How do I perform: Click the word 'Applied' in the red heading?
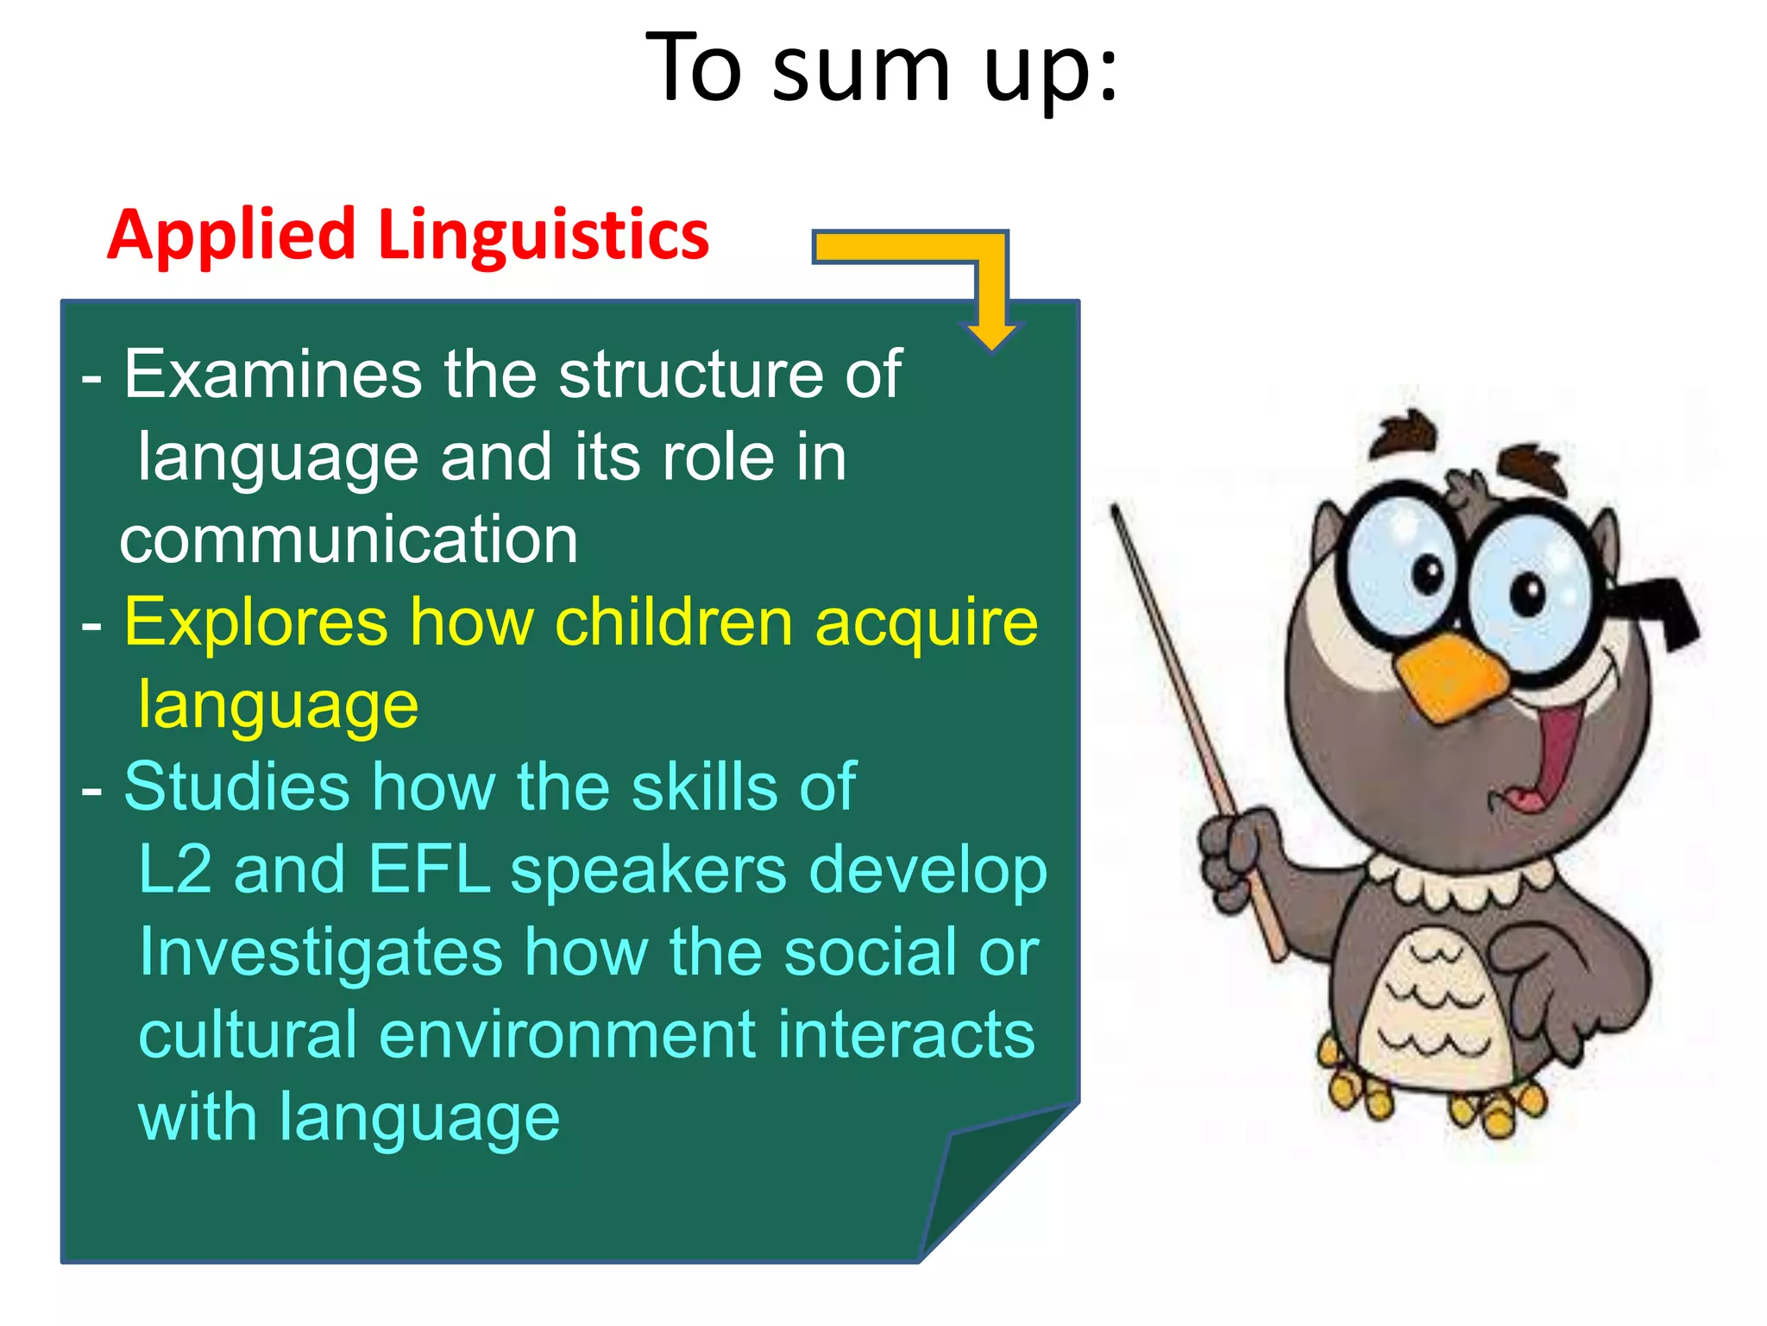231,235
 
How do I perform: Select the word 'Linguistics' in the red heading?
544,235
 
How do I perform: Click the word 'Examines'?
273,375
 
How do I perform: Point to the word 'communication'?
349,540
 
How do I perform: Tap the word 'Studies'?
236,787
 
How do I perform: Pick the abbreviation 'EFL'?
429,870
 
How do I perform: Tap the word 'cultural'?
247,1035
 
